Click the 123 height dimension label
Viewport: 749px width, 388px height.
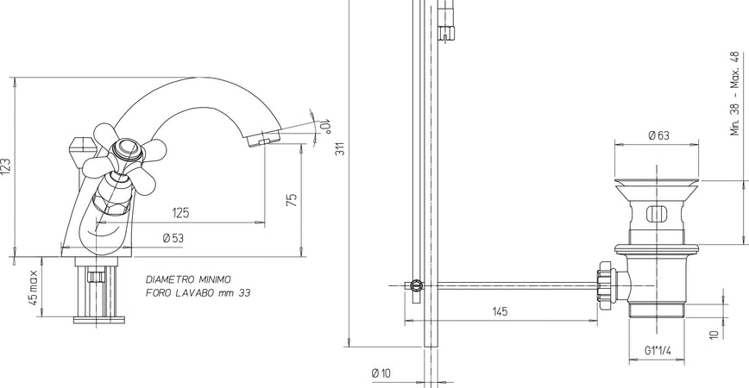[x=6, y=166]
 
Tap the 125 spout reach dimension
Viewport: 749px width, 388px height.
[x=180, y=212]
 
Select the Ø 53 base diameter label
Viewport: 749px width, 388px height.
[x=173, y=238]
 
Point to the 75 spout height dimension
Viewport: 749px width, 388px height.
[x=292, y=199]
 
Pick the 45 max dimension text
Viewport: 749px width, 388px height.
[x=33, y=288]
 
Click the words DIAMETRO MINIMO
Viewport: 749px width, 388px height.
[x=188, y=279]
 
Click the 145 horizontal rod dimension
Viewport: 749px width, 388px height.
[x=501, y=311]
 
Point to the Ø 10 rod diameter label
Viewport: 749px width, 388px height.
[x=381, y=372]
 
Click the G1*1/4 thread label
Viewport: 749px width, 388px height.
[x=658, y=351]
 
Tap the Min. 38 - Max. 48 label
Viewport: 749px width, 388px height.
[x=735, y=92]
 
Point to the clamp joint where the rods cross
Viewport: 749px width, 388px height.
[x=417, y=285]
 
